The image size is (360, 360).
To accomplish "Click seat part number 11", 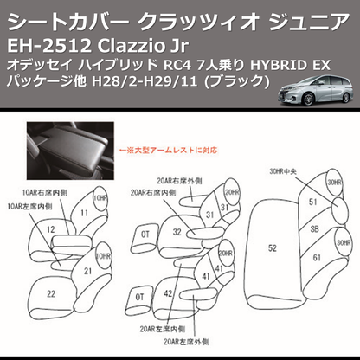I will [x=84, y=210].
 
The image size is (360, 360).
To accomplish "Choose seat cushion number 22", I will [x=53, y=294].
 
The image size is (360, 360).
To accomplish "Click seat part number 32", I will [x=176, y=232].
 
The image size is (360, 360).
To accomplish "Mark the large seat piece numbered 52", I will [x=272, y=247].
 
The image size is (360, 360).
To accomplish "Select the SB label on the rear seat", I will [x=314, y=228].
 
